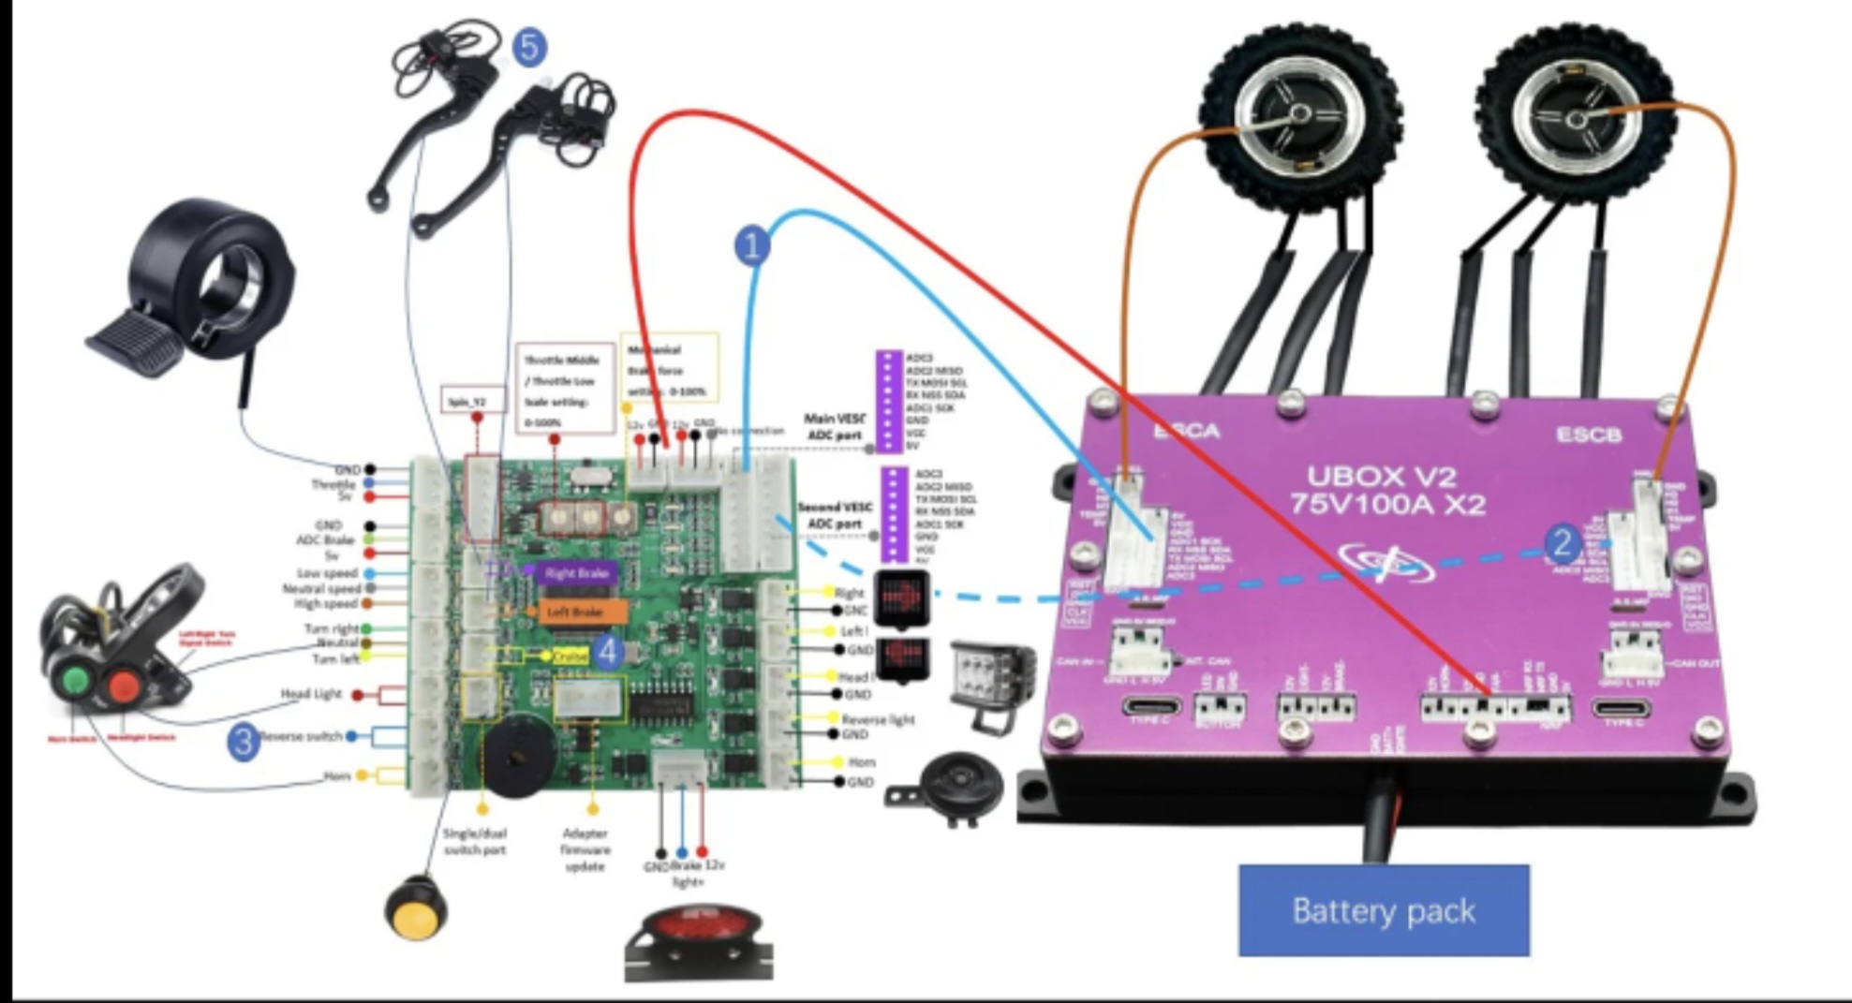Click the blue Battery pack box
tap(1384, 910)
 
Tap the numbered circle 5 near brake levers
tap(529, 47)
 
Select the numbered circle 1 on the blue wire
tap(751, 246)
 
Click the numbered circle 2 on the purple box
tap(1561, 542)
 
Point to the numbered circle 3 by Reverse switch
tap(244, 741)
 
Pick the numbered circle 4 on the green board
tap(609, 652)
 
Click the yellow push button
tap(416, 907)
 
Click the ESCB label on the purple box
tap(1588, 435)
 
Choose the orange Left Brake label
tap(575, 612)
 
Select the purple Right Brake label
tap(576, 572)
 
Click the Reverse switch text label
tap(302, 737)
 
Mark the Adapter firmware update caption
tap(585, 849)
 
